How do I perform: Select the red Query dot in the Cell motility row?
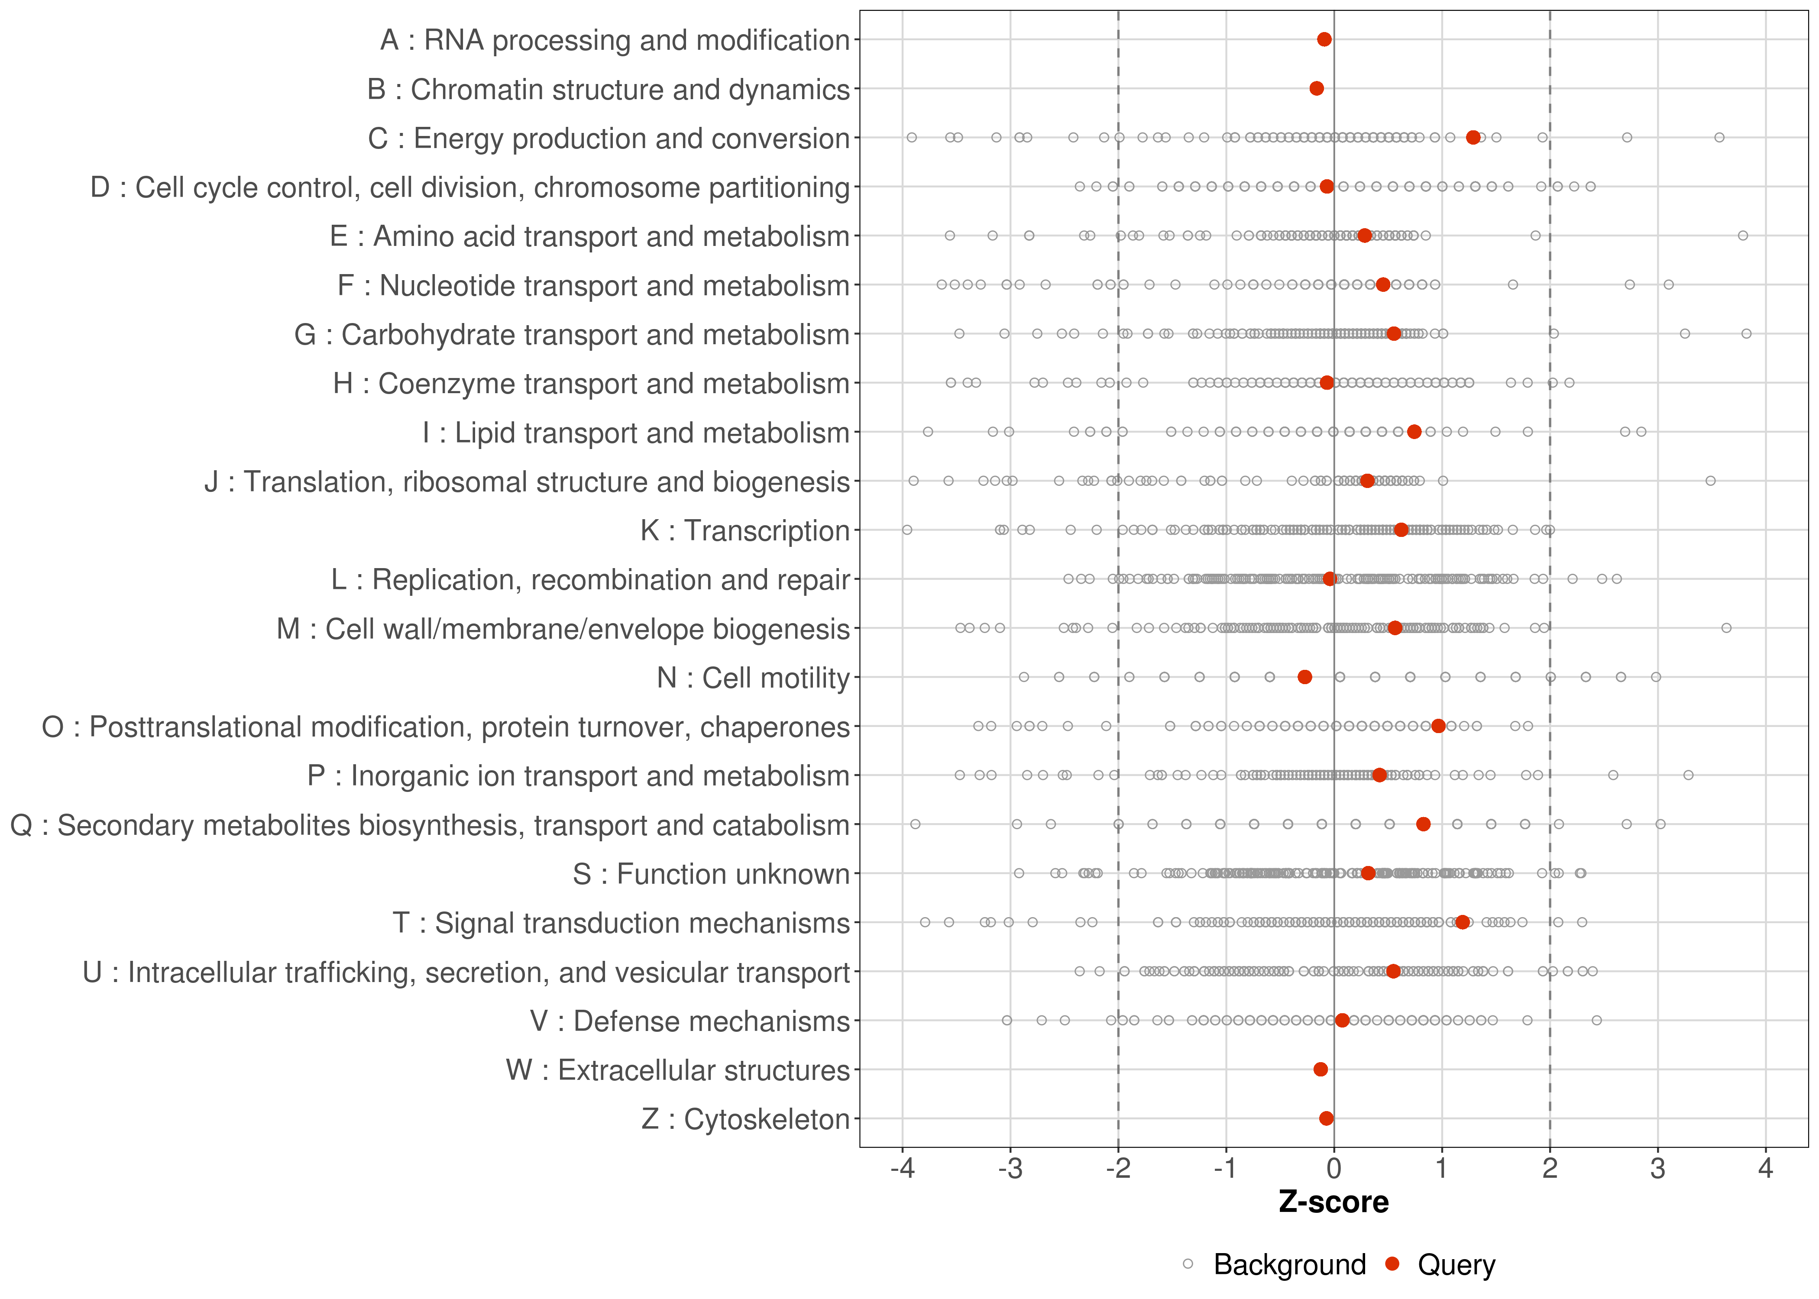point(1304,677)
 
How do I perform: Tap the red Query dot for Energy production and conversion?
point(1473,138)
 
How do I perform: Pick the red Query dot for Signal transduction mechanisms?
point(1462,922)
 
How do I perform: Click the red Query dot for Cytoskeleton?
point(1326,1118)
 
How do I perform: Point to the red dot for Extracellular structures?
point(1321,1070)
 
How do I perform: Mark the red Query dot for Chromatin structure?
point(1317,88)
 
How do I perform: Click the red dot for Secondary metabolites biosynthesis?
point(1423,824)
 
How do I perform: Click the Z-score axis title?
point(1334,1202)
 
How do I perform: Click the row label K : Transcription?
point(744,530)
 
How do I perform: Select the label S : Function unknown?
point(710,874)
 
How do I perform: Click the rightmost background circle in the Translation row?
point(1710,481)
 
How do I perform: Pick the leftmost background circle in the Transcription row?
point(907,530)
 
